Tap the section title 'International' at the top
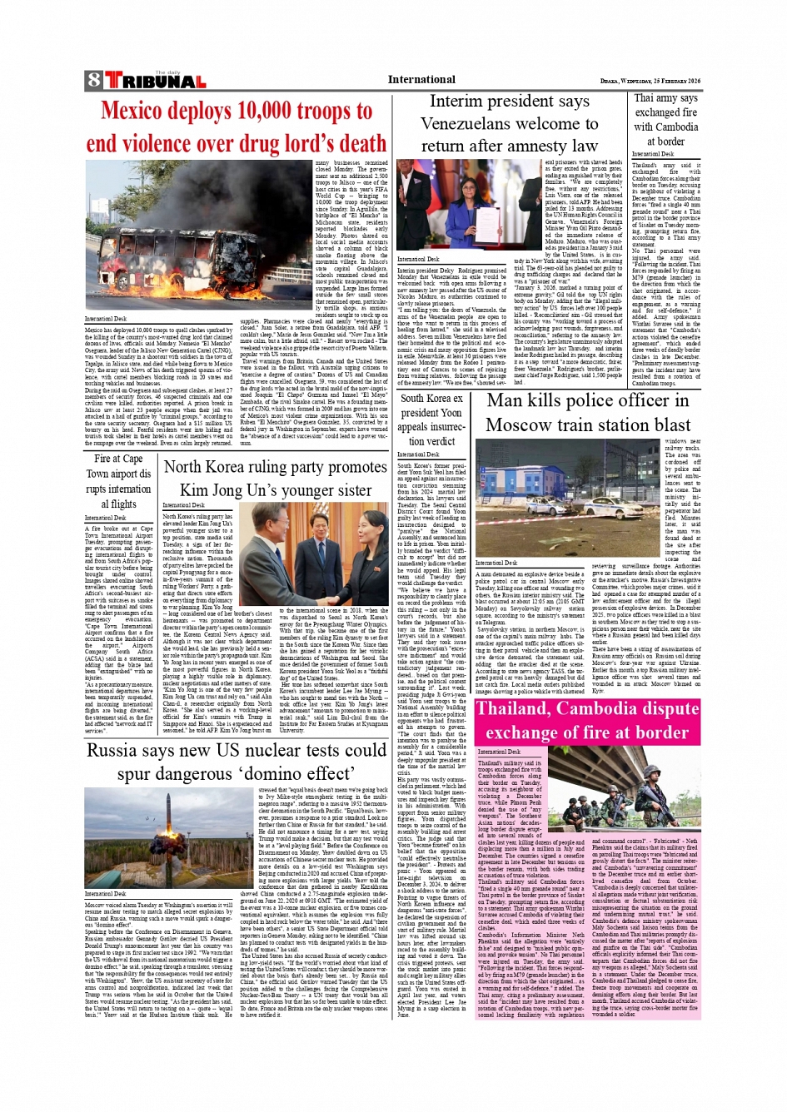[x=421, y=80]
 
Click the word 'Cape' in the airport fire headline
[x=132, y=459]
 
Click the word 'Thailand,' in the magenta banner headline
[x=524, y=709]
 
